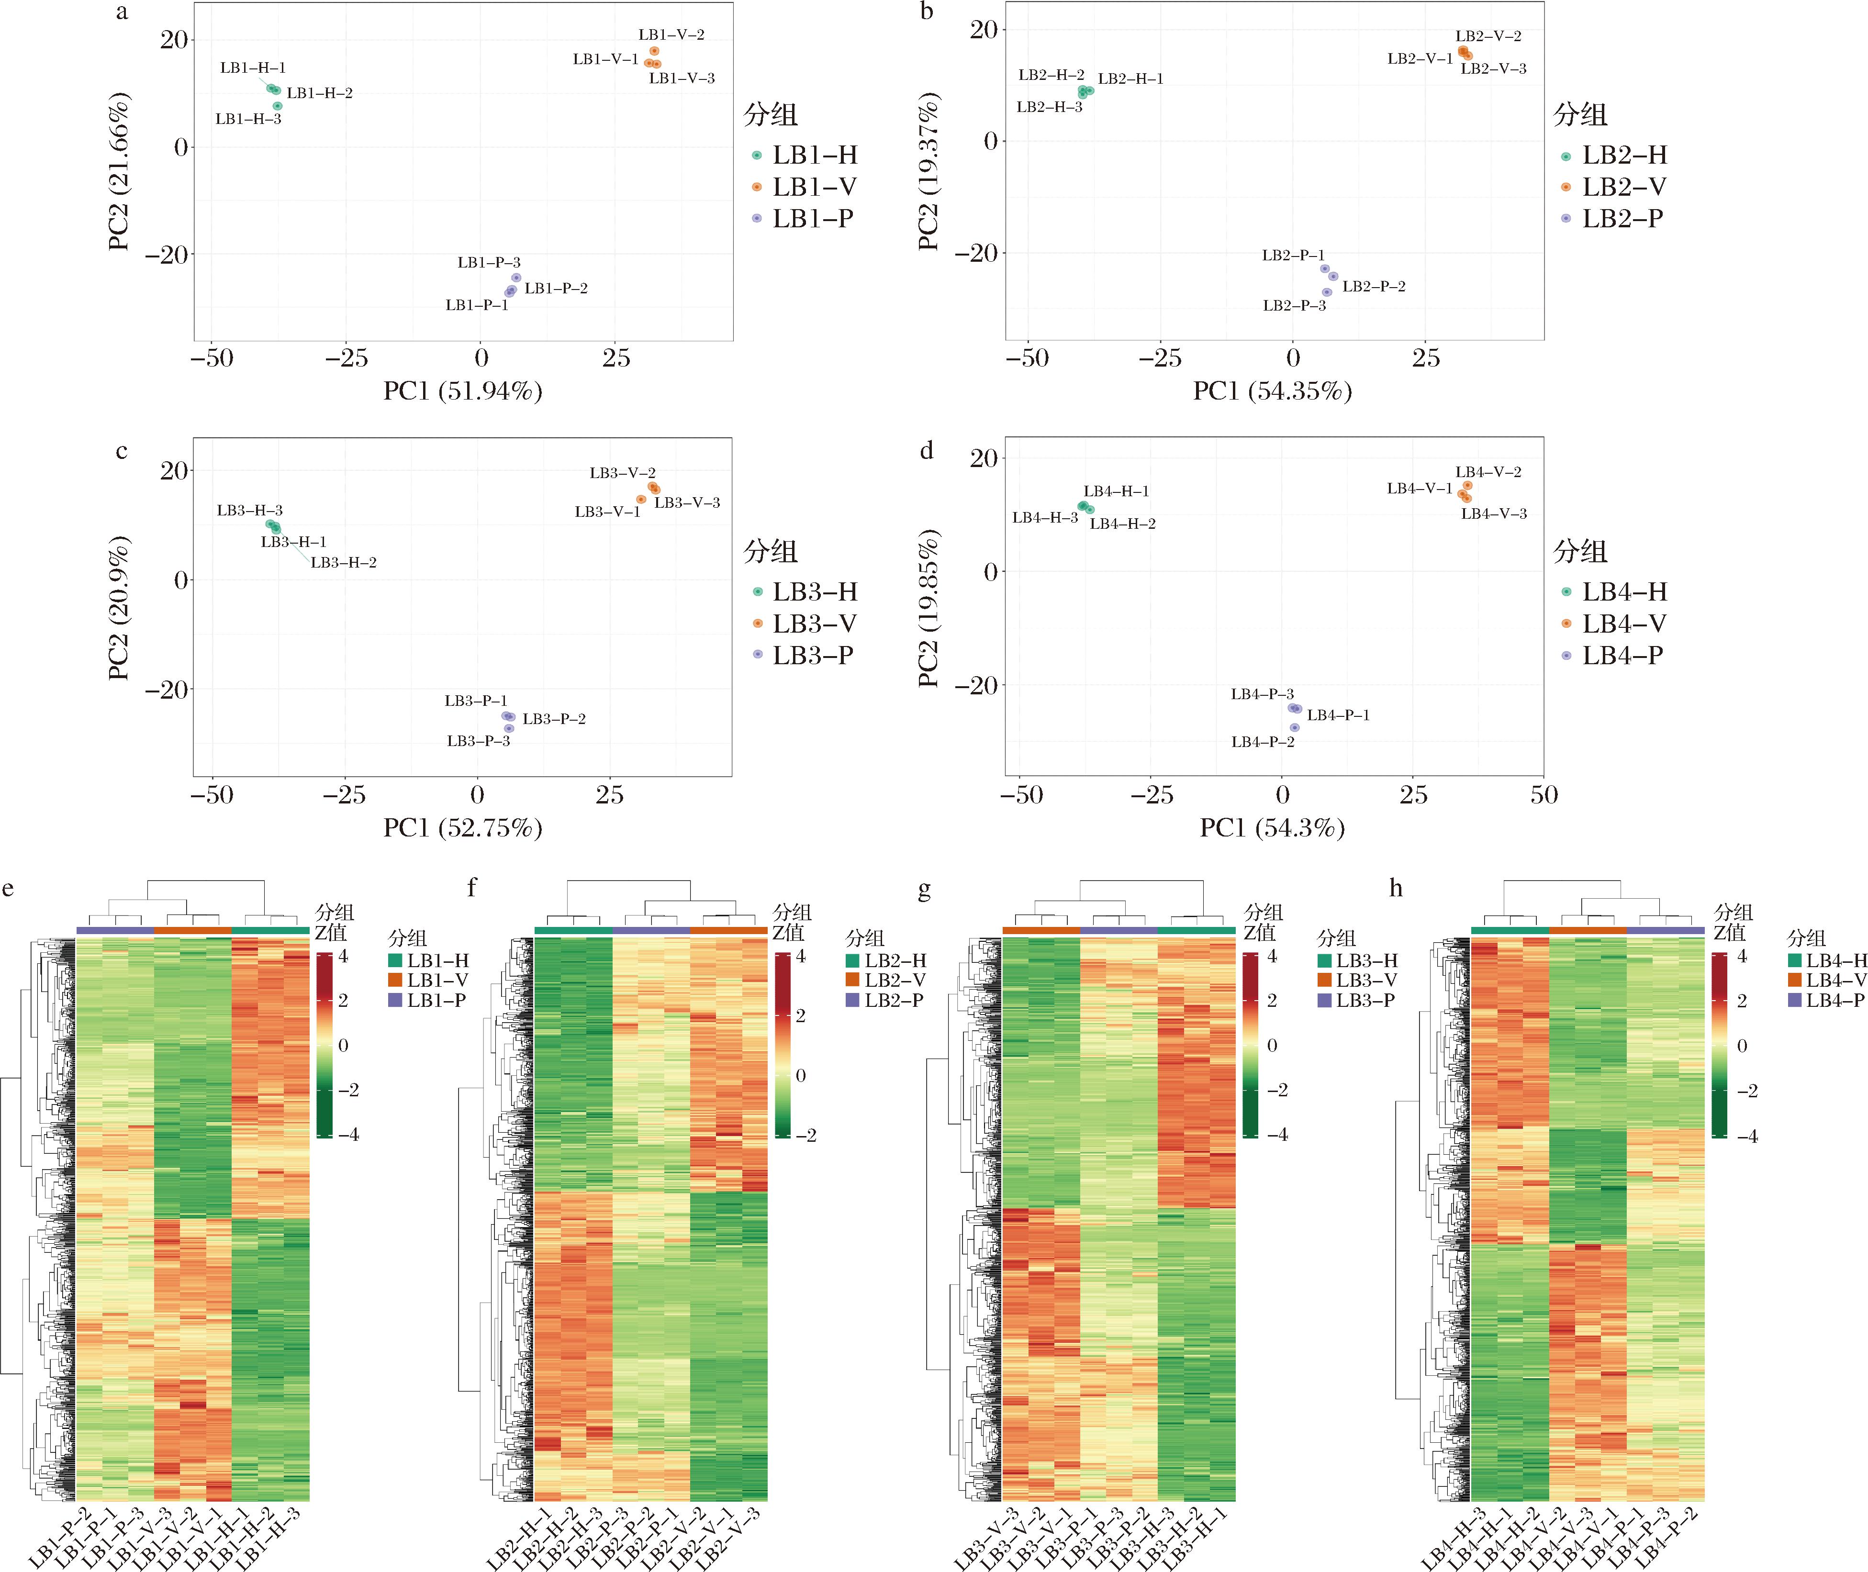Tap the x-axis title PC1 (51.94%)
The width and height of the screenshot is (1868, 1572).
click(462, 391)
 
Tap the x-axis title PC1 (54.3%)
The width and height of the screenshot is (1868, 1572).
click(1272, 828)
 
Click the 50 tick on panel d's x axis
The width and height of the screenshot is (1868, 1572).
click(1544, 795)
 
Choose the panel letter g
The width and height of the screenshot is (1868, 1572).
click(924, 890)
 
